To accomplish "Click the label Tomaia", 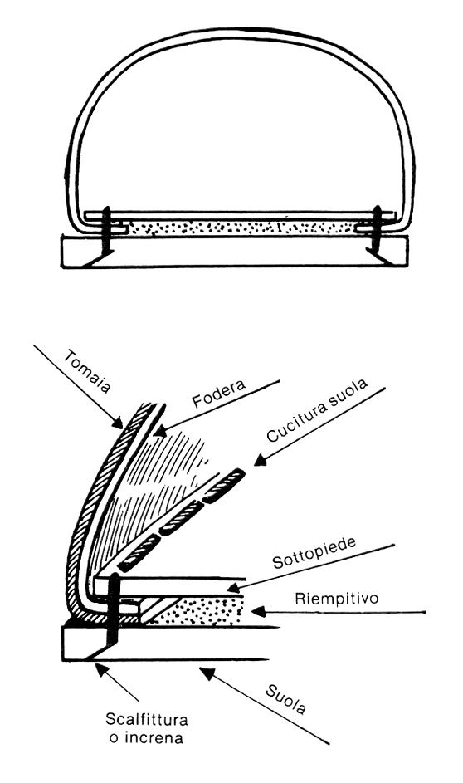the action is pos(87,371).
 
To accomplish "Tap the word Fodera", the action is pos(219,394).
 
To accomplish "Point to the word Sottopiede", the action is pos(314,553).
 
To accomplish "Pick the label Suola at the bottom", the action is pos(285,700).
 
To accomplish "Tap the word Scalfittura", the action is pos(147,720).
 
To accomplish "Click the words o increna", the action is pos(146,737).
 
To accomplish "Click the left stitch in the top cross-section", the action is pos(106,231).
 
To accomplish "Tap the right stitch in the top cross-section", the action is pos(377,230).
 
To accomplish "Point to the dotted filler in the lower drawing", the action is pos(200,609).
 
